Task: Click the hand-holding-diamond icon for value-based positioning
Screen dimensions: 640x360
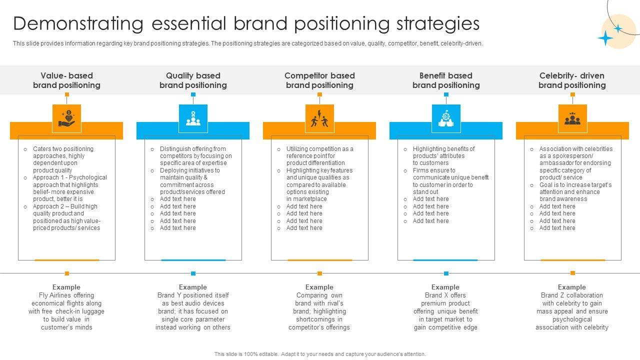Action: tap(66, 118)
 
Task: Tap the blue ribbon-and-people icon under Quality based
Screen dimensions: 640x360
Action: tap(193, 118)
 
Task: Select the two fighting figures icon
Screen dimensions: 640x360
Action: tap(319, 118)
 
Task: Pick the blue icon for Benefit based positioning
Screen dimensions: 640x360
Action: tap(446, 118)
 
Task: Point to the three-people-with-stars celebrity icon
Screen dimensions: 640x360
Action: tap(572, 118)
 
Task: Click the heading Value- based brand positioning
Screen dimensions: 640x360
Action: tap(66, 80)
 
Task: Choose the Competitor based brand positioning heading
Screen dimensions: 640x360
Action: tap(319, 80)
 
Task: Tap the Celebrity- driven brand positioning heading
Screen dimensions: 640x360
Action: tap(572, 80)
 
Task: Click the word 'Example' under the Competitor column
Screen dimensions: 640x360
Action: tap(319, 287)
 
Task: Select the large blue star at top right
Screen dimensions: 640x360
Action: tap(605, 38)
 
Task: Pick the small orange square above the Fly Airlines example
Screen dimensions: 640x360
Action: tap(67, 273)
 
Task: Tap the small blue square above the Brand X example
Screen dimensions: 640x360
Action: tap(446, 273)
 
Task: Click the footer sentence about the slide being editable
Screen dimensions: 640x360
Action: tap(320, 354)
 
